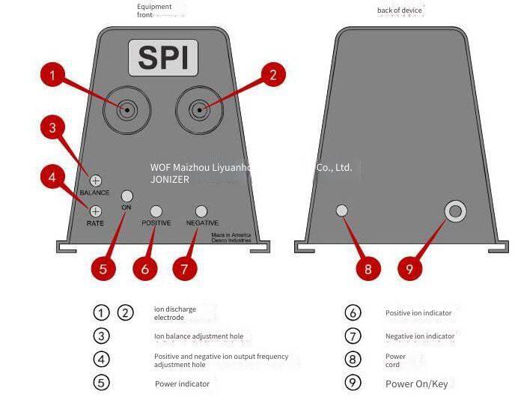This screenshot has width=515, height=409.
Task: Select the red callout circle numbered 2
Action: click(x=272, y=74)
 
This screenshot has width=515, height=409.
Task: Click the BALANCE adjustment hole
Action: click(x=96, y=181)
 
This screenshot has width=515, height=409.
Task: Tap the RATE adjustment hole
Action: click(x=96, y=211)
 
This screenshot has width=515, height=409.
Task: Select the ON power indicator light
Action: click(x=127, y=196)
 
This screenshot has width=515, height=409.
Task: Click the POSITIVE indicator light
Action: click(x=156, y=211)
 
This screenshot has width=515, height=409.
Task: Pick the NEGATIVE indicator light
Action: click(x=201, y=211)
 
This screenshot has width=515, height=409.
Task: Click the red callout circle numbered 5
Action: click(x=103, y=269)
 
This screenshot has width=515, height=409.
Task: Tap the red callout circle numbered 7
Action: click(x=185, y=268)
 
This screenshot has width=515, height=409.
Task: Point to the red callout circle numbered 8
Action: click(x=368, y=269)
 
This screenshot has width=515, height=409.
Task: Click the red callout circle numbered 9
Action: click(x=409, y=269)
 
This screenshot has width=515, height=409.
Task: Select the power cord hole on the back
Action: click(x=342, y=210)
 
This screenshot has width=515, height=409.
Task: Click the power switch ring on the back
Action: click(x=455, y=211)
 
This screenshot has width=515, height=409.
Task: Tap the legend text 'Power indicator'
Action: click(x=183, y=384)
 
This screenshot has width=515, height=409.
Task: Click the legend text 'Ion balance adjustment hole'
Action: click(x=198, y=336)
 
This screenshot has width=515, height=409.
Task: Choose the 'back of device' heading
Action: click(x=400, y=10)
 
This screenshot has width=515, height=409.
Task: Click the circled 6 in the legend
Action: click(x=353, y=312)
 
